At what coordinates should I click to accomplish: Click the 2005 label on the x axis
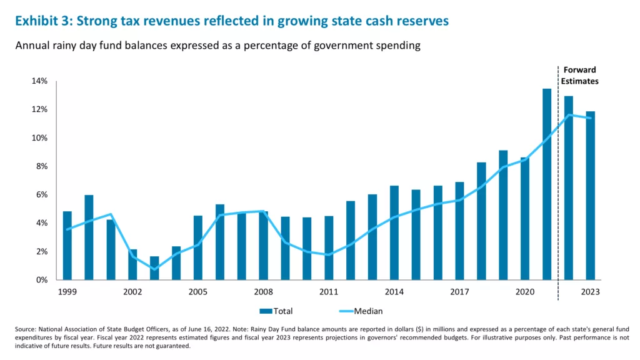(x=198, y=292)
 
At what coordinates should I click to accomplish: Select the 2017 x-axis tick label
(x=459, y=292)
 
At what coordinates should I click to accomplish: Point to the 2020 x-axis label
(x=525, y=292)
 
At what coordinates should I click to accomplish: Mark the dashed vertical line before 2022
(x=558, y=187)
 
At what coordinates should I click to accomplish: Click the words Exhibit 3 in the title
(x=41, y=21)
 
